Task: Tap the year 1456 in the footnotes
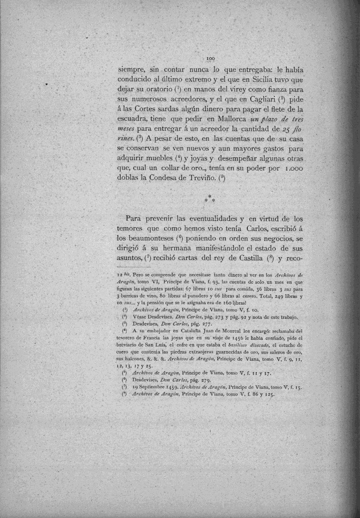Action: (225, 338)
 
